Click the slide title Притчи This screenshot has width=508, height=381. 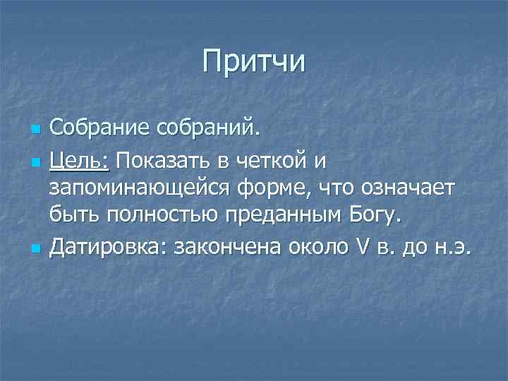tap(253, 61)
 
